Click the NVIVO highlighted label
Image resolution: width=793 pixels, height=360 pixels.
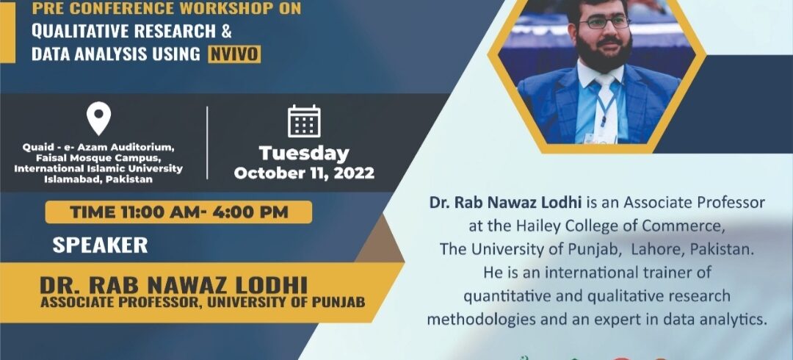pos(234,54)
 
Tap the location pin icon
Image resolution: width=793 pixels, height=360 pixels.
pos(98,118)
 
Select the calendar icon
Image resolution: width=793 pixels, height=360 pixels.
pos(304,121)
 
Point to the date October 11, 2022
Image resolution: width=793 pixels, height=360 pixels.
pos(304,173)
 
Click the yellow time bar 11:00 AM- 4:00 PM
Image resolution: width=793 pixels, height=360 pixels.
pos(178,212)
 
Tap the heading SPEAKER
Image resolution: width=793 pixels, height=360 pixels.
pos(100,245)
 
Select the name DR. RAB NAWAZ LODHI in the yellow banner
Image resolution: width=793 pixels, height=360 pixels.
pos(173,286)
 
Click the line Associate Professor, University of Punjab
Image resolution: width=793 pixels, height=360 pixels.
pos(203,303)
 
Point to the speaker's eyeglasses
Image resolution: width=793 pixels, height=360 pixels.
pos(604,22)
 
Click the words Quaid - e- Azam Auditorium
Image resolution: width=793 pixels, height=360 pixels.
pos(98,148)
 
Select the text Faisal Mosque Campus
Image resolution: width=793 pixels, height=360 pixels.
pos(98,158)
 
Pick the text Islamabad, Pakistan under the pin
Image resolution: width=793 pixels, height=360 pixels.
pos(98,179)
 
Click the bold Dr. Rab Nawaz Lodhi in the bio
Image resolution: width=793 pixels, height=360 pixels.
pos(505,203)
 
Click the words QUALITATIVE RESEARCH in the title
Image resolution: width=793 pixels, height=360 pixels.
pos(124,32)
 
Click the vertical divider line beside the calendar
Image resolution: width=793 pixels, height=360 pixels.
pos(207,143)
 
